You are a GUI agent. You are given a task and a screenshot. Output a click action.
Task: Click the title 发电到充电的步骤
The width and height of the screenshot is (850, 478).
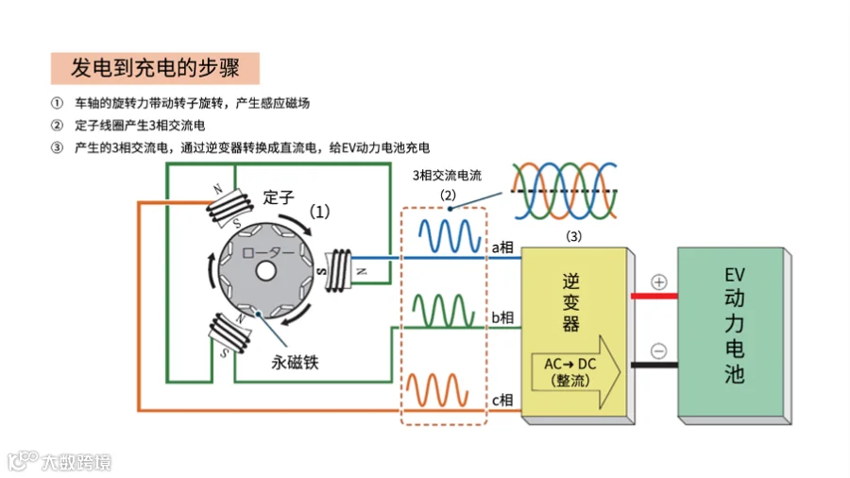pyautogui.click(x=155, y=68)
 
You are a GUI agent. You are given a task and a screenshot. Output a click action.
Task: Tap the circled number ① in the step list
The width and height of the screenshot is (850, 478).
pyautogui.click(x=59, y=103)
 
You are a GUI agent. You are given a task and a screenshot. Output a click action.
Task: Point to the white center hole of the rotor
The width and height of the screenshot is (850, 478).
pyautogui.click(x=265, y=271)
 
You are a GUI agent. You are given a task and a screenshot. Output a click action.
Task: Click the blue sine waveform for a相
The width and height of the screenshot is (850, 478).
pyautogui.click(x=445, y=235)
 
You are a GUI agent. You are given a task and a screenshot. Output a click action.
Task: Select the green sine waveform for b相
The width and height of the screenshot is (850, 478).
pyautogui.click(x=445, y=310)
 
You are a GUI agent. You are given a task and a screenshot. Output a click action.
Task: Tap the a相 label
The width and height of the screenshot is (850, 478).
pyautogui.click(x=501, y=248)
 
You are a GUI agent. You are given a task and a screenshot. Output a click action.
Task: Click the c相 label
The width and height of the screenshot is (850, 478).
pyautogui.click(x=501, y=400)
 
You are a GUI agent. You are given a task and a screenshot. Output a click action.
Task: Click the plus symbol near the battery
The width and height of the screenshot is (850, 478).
pyautogui.click(x=659, y=282)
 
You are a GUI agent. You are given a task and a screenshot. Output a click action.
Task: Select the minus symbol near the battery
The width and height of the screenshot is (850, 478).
pyautogui.click(x=659, y=350)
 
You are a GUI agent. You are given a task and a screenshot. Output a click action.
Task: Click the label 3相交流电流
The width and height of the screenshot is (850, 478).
pyautogui.click(x=447, y=176)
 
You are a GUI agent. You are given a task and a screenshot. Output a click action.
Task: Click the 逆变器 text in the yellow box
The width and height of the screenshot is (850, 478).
pyautogui.click(x=571, y=302)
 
